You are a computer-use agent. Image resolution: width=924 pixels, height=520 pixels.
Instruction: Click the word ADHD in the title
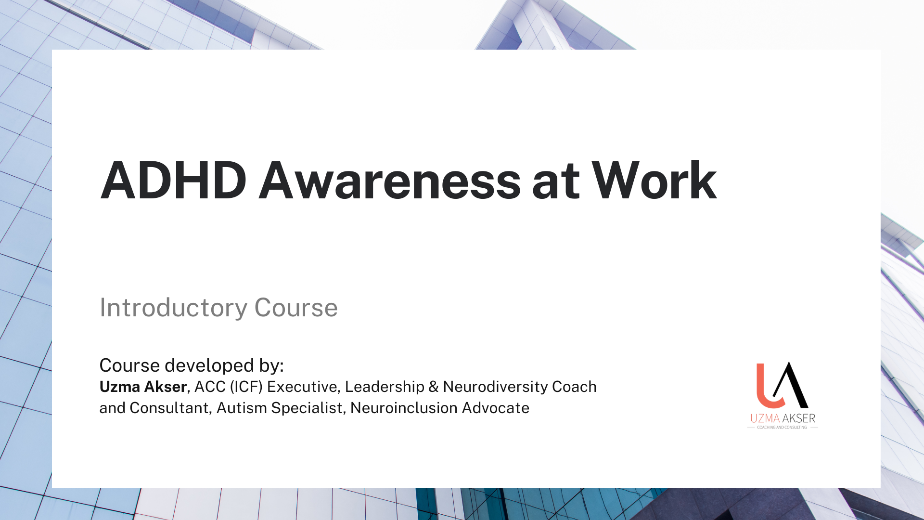[x=173, y=181]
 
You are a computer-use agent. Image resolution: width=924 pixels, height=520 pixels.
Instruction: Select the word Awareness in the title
[x=390, y=181]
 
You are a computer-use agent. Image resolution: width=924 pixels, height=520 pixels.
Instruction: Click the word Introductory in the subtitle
[x=173, y=308]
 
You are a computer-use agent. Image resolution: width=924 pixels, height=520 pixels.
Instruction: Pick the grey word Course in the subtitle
[x=295, y=308]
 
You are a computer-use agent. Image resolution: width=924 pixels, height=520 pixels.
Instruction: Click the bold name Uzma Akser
[x=143, y=387]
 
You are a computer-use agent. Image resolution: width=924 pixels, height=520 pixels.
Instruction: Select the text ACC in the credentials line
[x=210, y=387]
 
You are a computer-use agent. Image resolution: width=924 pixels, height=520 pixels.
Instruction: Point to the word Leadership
[x=385, y=387]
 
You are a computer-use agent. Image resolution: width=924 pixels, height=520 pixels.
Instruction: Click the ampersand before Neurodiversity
[x=434, y=387]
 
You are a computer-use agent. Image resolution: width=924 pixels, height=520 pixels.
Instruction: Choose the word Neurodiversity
[x=496, y=387]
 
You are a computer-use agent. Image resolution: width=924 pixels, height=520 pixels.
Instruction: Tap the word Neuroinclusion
[x=404, y=408]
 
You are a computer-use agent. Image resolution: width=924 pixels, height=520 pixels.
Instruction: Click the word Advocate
[x=496, y=408]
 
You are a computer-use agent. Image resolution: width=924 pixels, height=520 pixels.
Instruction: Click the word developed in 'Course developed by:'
[x=209, y=365]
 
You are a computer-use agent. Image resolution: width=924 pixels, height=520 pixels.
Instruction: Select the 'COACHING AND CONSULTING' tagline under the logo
[x=782, y=427]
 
